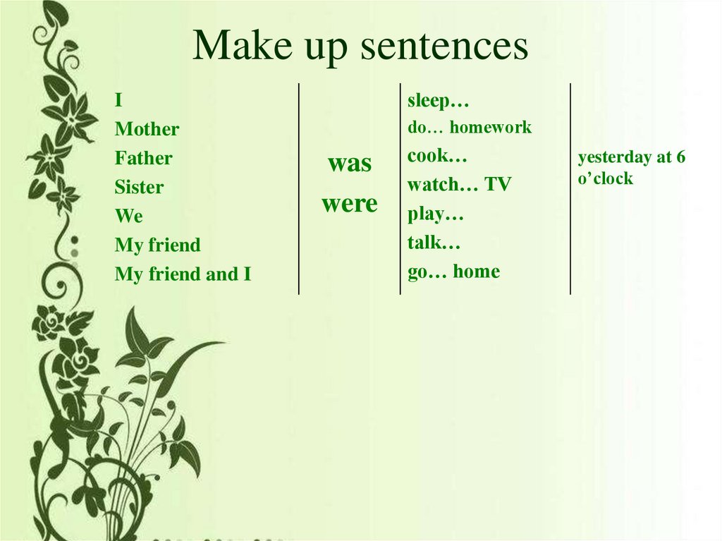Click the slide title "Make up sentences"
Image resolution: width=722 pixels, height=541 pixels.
[x=360, y=47]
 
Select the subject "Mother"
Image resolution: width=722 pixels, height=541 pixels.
[x=147, y=129]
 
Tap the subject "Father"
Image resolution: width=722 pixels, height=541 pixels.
[x=143, y=158]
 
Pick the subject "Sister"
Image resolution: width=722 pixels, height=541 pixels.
[x=139, y=187]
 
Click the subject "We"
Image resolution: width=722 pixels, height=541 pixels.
[x=128, y=216]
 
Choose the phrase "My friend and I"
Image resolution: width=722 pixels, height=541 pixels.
[x=183, y=274]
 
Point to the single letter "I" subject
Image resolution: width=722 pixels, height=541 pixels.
[x=118, y=101]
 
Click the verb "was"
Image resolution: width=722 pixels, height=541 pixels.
[x=349, y=164]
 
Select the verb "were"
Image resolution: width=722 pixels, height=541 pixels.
[x=349, y=204]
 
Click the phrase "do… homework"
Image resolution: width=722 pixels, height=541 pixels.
[x=469, y=128]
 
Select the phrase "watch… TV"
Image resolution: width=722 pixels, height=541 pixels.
[x=459, y=185]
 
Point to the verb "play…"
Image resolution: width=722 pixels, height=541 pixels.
[x=435, y=214]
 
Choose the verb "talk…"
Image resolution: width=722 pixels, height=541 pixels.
[x=434, y=243]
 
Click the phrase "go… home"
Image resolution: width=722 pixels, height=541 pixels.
[x=453, y=272]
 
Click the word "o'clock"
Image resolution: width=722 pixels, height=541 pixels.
[x=605, y=178]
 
